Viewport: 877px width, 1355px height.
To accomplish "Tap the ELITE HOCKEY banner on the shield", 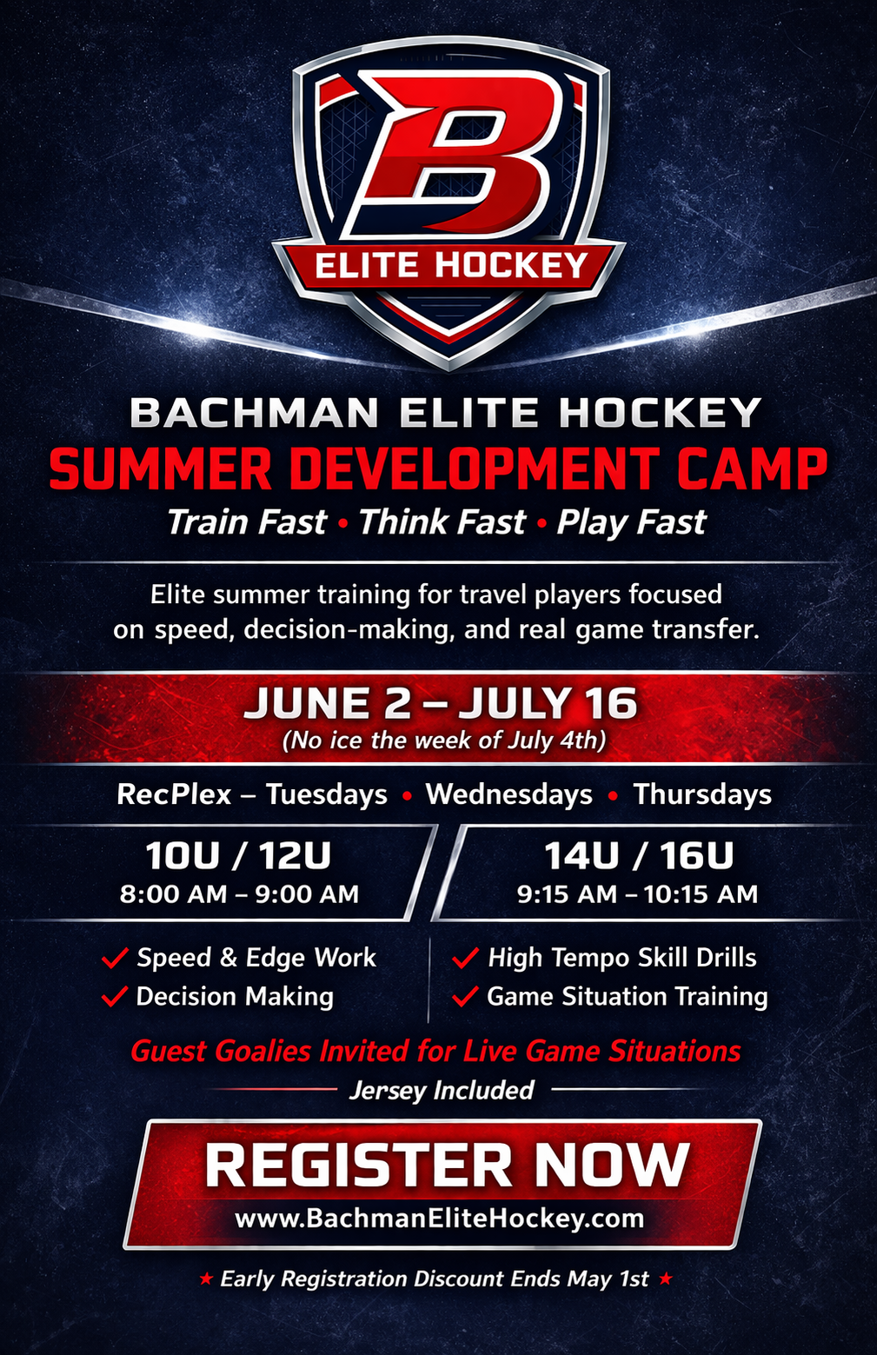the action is pos(450,264).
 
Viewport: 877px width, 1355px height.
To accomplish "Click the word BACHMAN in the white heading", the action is pos(254,413).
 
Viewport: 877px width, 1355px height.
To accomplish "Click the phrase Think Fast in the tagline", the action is pos(442,522).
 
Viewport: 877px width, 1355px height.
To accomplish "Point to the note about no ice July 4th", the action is pos(444,741).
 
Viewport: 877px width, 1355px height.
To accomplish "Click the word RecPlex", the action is pos(174,794).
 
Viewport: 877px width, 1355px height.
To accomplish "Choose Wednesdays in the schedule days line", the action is pos(508,794).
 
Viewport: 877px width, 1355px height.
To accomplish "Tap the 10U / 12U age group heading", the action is pos(238,856).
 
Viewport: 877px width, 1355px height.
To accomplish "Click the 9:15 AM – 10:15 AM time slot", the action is pos(637,894).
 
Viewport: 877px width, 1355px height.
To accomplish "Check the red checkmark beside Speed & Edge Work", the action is pos(115,958).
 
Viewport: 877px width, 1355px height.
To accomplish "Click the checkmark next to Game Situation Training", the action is pos(465,996).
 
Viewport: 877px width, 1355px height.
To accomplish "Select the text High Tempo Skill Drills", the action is pos(622,958).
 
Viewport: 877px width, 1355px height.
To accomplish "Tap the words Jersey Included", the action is pos(442,1090).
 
